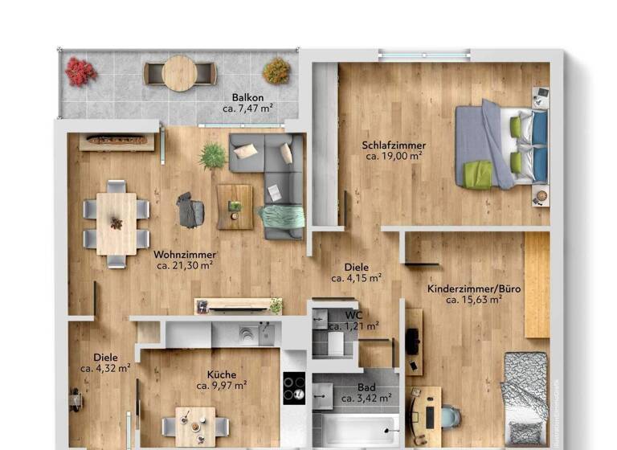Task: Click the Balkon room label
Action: (x=247, y=97)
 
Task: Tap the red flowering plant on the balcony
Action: (x=80, y=72)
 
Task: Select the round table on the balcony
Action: (x=179, y=73)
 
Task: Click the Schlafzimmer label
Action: (x=394, y=145)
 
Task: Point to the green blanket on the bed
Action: (x=477, y=174)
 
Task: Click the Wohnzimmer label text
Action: (x=185, y=255)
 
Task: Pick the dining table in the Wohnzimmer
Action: (x=116, y=223)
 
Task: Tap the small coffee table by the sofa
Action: (x=235, y=207)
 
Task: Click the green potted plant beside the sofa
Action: (x=213, y=155)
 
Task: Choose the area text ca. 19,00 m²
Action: (x=394, y=157)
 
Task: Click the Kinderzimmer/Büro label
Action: (x=464, y=288)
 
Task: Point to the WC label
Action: (x=353, y=315)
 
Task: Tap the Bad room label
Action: (x=366, y=387)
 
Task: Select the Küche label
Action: (x=221, y=374)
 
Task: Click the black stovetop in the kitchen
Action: (x=294, y=388)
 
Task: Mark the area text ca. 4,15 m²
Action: (x=356, y=279)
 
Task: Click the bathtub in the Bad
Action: (x=354, y=428)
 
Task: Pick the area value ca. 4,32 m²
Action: (x=104, y=368)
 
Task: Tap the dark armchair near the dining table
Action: (x=191, y=211)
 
